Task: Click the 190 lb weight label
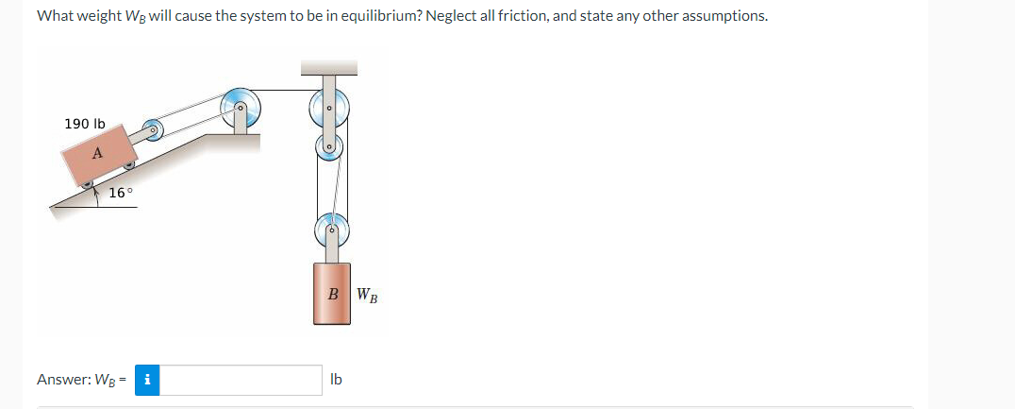pyautogui.click(x=85, y=124)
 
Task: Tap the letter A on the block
pyautogui.click(x=97, y=153)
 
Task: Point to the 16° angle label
pyautogui.click(x=121, y=193)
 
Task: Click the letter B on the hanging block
pyautogui.click(x=333, y=295)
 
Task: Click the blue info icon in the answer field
pyautogui.click(x=148, y=380)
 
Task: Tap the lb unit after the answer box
pyautogui.click(x=337, y=380)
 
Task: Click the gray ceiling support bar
pyautogui.click(x=328, y=67)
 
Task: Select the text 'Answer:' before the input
pyautogui.click(x=61, y=380)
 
